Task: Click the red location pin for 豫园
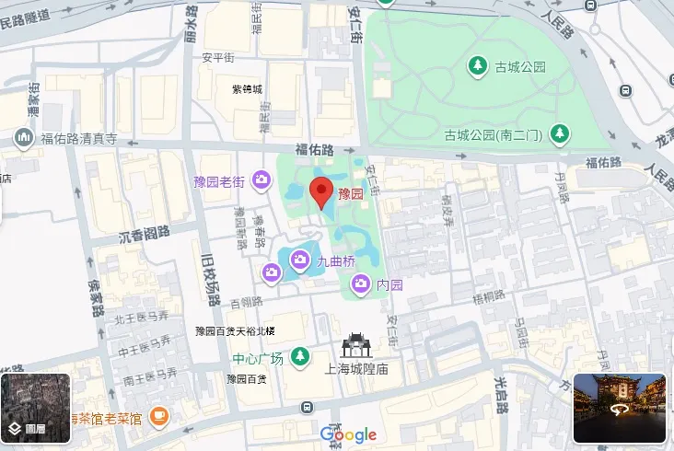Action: pyautogui.click(x=321, y=191)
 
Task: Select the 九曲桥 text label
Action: pyautogui.click(x=336, y=261)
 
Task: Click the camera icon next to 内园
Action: pyautogui.click(x=362, y=284)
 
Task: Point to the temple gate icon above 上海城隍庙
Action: pyautogui.click(x=354, y=345)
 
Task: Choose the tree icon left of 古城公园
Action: pyautogui.click(x=478, y=65)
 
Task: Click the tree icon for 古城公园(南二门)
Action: pyautogui.click(x=558, y=134)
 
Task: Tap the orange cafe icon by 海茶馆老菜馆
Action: pyautogui.click(x=158, y=417)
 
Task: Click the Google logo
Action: pyautogui.click(x=348, y=434)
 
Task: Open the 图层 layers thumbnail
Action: pyautogui.click(x=35, y=408)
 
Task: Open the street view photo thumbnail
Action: pyautogui.click(x=619, y=408)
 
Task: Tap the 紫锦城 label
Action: pyautogui.click(x=247, y=89)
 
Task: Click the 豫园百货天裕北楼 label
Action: pyautogui.click(x=235, y=330)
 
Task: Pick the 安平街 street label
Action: pyautogui.click(x=218, y=57)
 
